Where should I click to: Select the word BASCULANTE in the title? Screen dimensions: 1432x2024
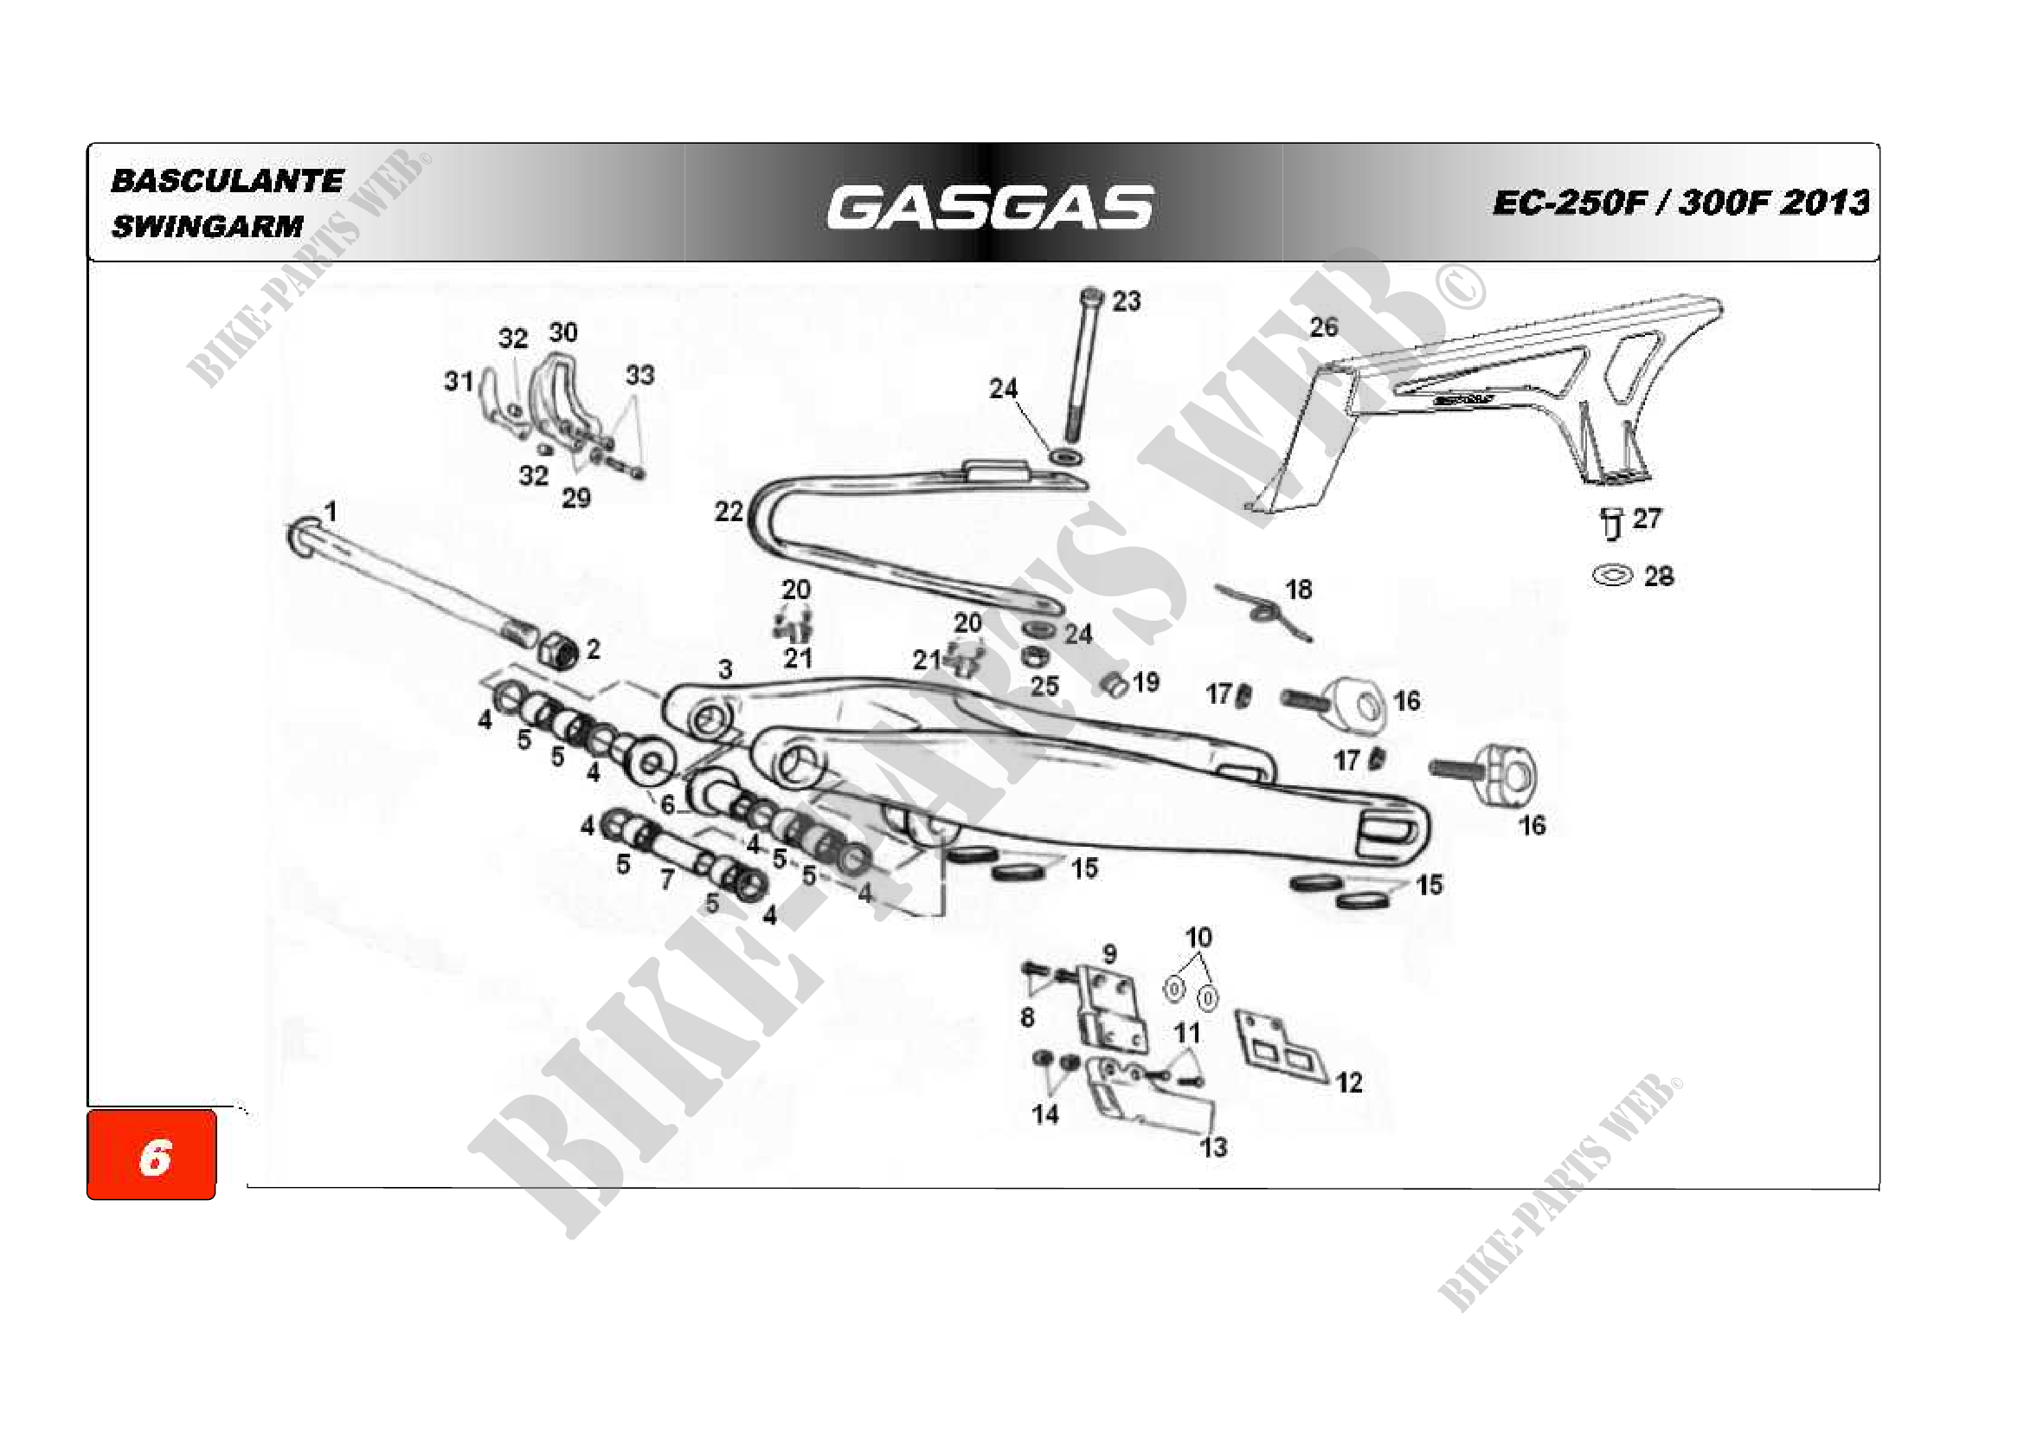tap(227, 182)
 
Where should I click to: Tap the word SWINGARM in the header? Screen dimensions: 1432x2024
tap(207, 227)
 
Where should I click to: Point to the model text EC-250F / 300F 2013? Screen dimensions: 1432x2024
tap(1680, 203)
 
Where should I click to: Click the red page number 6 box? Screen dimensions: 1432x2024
tap(151, 1155)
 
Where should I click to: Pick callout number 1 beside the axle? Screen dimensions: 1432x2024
tap(330, 512)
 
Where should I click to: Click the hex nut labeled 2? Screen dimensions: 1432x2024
tap(559, 652)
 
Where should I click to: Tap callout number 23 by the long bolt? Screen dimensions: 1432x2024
tap(1126, 301)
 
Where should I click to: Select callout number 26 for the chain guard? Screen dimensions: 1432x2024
tap(1323, 327)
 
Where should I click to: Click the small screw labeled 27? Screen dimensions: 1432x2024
tap(1610, 523)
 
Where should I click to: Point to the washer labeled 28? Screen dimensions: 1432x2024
tap(1612, 577)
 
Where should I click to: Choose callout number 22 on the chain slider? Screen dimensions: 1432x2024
tap(728, 512)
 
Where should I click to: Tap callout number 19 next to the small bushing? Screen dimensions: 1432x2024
tap(1145, 681)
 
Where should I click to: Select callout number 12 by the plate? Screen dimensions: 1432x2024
tap(1349, 1083)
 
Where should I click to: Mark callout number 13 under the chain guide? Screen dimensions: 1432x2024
tap(1213, 1147)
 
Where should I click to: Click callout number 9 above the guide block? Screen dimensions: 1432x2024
tap(1109, 953)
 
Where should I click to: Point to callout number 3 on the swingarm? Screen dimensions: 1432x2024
tap(724, 669)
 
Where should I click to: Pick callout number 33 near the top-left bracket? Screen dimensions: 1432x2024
tap(640, 376)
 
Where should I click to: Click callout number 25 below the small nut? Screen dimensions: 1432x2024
tap(1044, 686)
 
